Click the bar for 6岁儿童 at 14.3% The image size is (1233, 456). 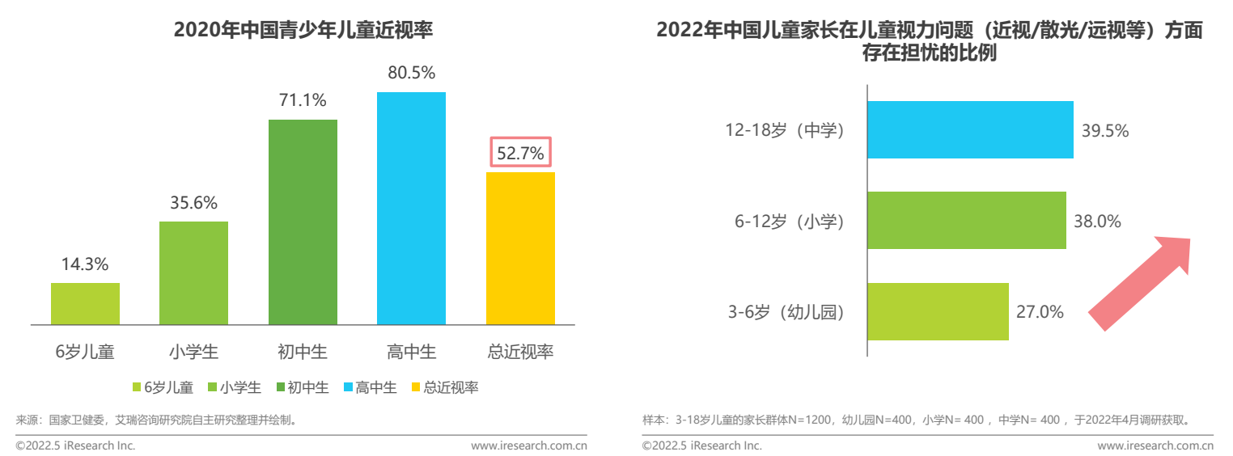click(x=85, y=304)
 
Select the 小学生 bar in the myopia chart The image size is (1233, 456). click(x=193, y=273)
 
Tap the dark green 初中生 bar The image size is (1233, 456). click(x=303, y=222)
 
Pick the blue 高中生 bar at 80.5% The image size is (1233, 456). click(x=411, y=209)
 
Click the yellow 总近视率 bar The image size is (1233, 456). click(x=520, y=248)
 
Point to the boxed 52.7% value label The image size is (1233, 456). click(x=520, y=153)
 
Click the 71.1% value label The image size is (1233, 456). click(x=303, y=101)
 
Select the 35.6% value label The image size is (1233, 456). click(x=193, y=203)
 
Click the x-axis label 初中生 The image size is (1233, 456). click(x=303, y=352)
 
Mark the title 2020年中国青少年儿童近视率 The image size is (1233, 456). click(x=303, y=31)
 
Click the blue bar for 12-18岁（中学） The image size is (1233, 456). click(x=970, y=129)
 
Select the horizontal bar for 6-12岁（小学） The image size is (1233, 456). click(x=967, y=220)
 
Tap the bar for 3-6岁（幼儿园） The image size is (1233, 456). click(x=938, y=311)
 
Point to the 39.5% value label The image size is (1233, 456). click(x=1105, y=130)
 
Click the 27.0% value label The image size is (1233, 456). click(x=1040, y=312)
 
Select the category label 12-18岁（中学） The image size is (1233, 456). click(x=784, y=130)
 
